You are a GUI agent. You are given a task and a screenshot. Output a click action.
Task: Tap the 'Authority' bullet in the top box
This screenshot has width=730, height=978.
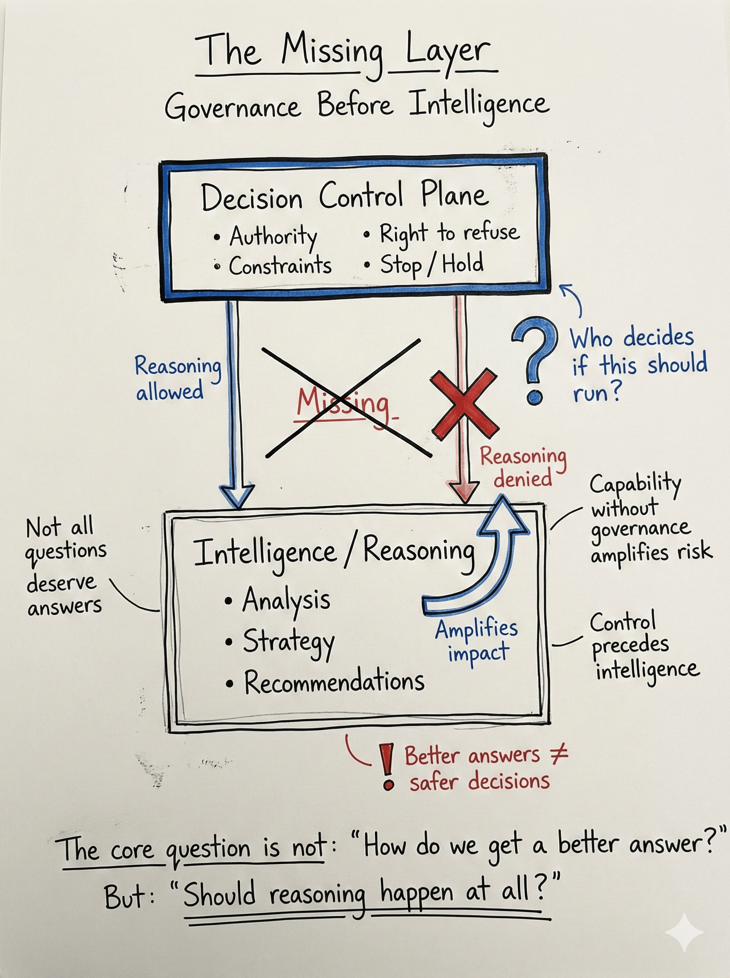coord(273,236)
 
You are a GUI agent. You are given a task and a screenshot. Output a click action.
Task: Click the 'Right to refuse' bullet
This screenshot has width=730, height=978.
coord(449,233)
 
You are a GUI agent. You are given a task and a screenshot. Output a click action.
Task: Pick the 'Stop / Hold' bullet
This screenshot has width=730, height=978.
coord(431,264)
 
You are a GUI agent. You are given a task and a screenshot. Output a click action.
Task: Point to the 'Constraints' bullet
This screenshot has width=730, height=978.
coord(279,266)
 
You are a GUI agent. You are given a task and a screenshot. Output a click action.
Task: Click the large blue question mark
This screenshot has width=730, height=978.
coord(535,358)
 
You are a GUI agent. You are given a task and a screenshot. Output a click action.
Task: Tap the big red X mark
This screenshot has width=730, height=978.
coord(464,404)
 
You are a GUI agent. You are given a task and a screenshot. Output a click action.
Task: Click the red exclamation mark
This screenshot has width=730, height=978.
coord(387,767)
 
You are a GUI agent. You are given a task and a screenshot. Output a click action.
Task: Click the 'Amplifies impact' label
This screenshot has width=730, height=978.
coord(477,639)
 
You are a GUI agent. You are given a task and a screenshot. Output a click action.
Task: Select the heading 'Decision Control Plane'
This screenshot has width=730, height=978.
coord(345,196)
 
